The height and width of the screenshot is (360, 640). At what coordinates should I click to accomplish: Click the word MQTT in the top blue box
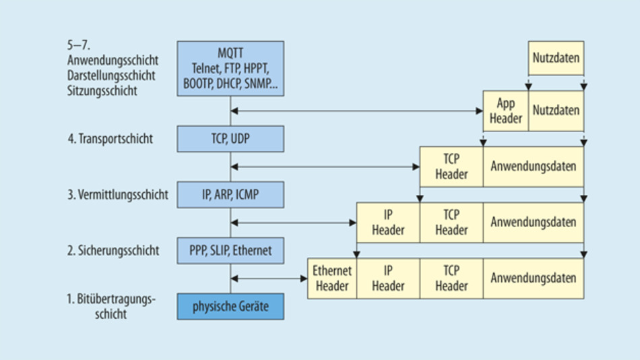230,52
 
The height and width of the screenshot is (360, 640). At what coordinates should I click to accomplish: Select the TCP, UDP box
230,139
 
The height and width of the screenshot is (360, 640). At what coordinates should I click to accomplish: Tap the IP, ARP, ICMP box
230,195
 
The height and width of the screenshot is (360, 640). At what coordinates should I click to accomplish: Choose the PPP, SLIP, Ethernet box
230,250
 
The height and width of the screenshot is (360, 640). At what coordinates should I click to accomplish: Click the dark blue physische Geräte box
230,307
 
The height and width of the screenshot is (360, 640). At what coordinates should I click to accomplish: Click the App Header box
506,111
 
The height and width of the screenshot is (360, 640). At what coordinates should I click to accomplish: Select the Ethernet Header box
332,278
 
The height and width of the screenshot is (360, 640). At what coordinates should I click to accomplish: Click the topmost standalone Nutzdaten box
556,57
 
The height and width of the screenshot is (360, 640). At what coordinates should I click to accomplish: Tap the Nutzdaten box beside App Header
556,111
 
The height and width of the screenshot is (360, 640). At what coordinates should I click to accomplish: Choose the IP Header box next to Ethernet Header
388,278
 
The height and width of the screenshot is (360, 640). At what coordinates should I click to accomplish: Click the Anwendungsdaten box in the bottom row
533,278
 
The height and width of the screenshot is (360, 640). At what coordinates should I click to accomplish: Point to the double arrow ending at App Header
357,111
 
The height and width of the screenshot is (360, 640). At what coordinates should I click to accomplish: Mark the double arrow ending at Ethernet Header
269,278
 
